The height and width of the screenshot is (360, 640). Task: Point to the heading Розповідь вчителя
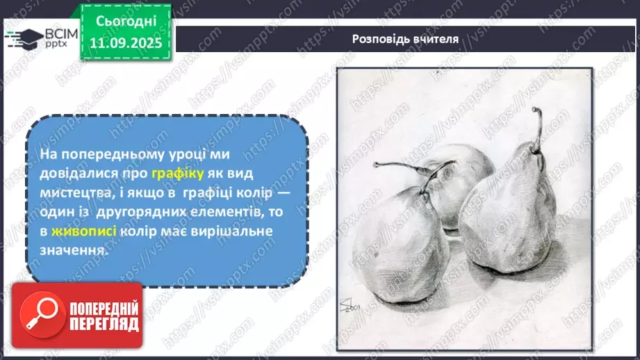(404, 39)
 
